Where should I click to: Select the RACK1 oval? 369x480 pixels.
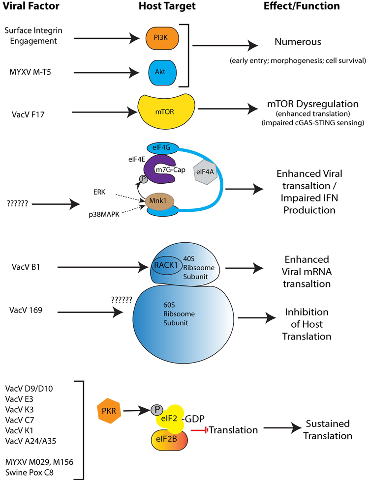tap(164, 266)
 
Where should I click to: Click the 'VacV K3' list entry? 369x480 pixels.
tap(24, 409)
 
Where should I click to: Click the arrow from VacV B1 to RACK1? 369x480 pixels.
tap(103, 268)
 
